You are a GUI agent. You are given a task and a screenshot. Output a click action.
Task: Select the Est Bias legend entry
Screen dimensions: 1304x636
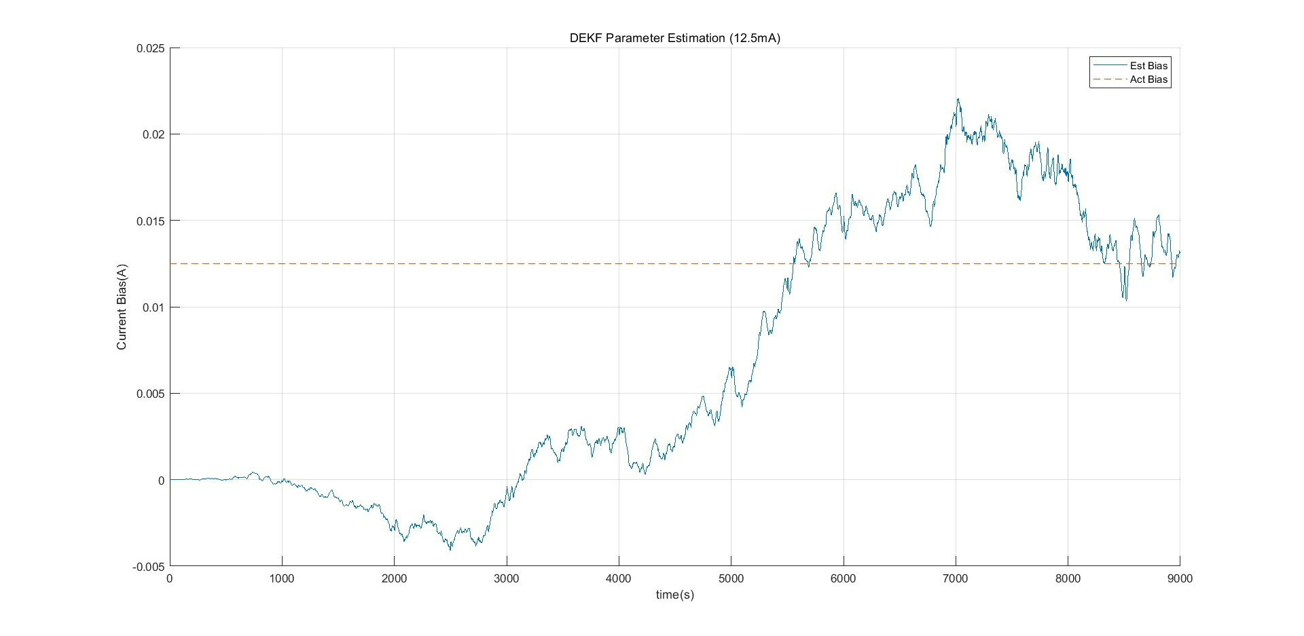coord(1130,66)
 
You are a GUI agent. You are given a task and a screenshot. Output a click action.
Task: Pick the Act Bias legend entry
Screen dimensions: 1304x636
coord(1130,79)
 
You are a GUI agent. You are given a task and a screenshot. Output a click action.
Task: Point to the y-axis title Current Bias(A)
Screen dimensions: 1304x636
coord(122,307)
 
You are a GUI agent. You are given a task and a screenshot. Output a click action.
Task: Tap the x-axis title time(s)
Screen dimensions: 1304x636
coord(674,595)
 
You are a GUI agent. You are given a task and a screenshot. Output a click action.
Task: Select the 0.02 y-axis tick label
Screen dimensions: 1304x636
coord(153,134)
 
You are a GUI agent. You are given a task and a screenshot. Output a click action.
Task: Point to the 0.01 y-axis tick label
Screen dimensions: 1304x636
coord(153,307)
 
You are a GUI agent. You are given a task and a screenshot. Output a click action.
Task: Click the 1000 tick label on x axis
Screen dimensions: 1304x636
coord(282,579)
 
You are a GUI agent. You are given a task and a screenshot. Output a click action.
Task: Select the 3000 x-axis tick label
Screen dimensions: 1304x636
coord(507,579)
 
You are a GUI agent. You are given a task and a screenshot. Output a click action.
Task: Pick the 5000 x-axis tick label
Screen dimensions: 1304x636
coord(731,579)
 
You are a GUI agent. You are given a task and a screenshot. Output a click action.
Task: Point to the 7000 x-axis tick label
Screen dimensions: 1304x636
coord(956,579)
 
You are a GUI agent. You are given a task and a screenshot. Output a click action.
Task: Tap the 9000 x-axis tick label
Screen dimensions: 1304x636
coord(1180,579)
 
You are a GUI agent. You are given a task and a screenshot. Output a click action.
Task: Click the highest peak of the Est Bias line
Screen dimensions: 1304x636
coord(958,99)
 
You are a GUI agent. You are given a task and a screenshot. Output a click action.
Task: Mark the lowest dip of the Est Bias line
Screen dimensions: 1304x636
coord(450,550)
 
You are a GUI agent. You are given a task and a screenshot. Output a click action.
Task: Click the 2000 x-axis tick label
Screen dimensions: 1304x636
coord(394,579)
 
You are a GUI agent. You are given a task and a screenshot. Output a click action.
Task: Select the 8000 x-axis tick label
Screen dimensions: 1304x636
coord(1068,579)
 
